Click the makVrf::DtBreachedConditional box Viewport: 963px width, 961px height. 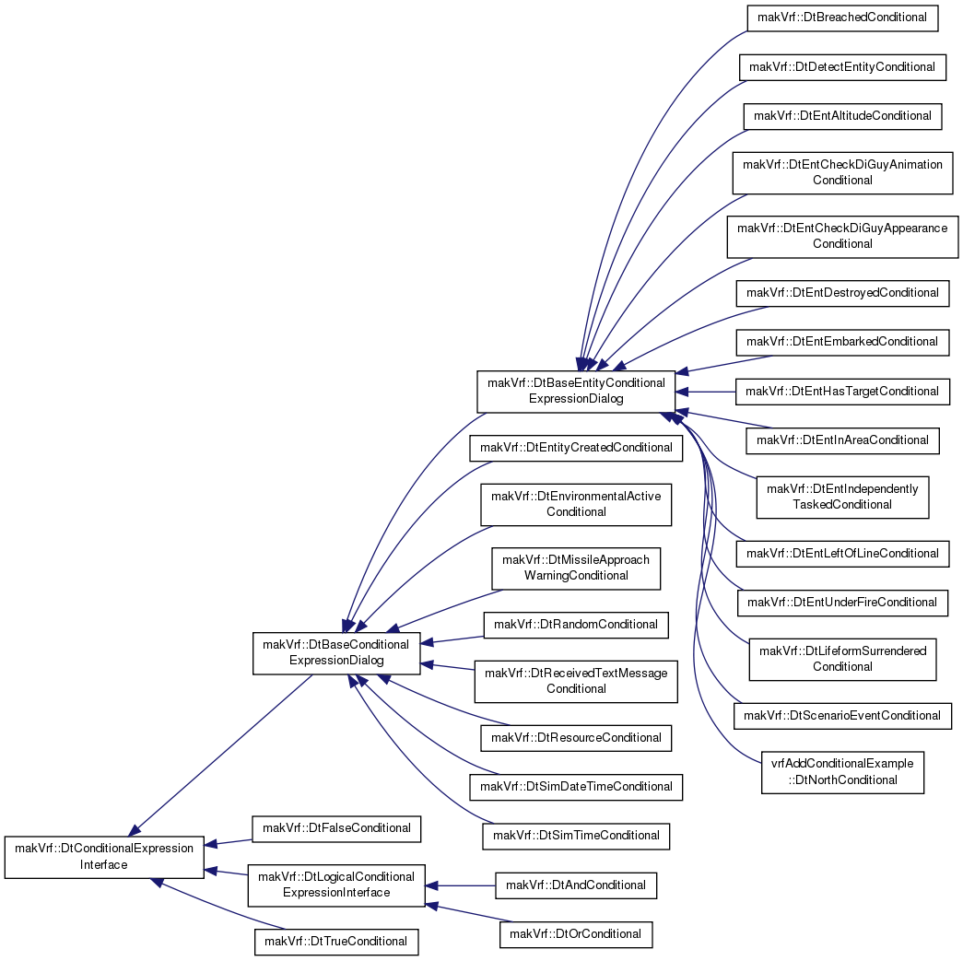click(x=842, y=18)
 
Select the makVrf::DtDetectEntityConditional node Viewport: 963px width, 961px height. click(x=842, y=67)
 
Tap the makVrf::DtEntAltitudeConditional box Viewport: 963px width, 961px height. click(x=842, y=116)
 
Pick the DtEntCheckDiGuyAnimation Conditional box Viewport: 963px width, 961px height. click(x=842, y=172)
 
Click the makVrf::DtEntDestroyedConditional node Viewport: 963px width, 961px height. click(x=842, y=293)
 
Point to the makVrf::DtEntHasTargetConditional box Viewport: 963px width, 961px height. click(x=842, y=392)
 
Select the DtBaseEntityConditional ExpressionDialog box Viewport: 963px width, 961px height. click(x=576, y=392)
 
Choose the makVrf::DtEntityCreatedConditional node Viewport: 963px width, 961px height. click(x=576, y=448)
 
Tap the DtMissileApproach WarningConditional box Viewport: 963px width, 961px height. click(x=576, y=568)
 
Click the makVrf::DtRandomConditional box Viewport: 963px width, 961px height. click(x=576, y=625)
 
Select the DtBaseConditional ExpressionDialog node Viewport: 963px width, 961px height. click(x=336, y=652)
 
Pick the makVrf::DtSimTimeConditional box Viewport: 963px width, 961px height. click(x=576, y=836)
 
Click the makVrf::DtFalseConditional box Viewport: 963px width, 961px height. click(x=336, y=828)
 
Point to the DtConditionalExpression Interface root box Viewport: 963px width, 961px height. click(x=104, y=857)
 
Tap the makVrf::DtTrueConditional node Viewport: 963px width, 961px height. click(x=336, y=942)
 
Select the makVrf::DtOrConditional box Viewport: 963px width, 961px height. click(x=576, y=934)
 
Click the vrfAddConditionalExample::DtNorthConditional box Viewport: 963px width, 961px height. click(x=842, y=772)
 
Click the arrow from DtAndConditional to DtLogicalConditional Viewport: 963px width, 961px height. click(x=460, y=885)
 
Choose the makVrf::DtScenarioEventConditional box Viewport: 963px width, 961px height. click(x=842, y=716)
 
